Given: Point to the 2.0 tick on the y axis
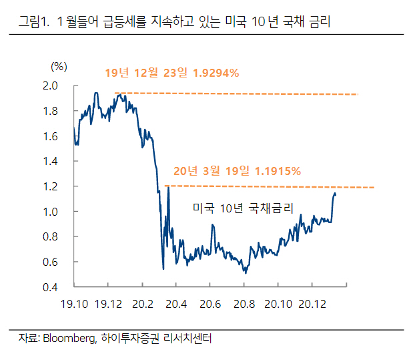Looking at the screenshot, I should click(x=51, y=85).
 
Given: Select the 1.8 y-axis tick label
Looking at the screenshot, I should click(x=51, y=111).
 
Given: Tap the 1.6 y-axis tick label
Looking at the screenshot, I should click(x=51, y=136).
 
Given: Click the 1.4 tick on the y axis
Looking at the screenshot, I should click(x=51, y=161).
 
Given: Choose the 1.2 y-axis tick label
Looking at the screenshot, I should click(x=51, y=186).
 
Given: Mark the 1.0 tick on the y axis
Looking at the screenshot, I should click(x=51, y=212).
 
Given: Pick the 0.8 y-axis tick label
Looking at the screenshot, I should click(x=51, y=236).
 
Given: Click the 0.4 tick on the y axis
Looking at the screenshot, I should click(x=51, y=287).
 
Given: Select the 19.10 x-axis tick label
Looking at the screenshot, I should click(x=74, y=304).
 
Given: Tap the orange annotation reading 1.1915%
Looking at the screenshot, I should click(x=237, y=170).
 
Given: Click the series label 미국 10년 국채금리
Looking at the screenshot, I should click(x=243, y=208).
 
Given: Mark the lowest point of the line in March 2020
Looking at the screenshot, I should click(x=163, y=269).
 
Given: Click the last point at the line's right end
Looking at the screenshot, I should click(x=336, y=194).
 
